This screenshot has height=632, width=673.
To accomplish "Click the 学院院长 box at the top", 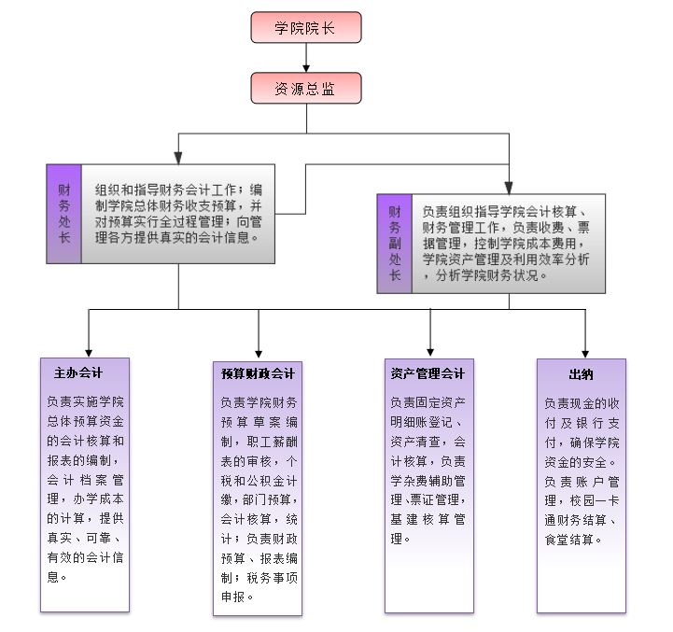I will coord(305,27).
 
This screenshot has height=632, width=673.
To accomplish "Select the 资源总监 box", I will coord(305,89).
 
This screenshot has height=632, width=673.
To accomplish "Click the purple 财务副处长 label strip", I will coord(395,243).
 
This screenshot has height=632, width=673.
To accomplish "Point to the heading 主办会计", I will coord(78,373).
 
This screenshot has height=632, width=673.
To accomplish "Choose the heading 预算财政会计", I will coord(258,374).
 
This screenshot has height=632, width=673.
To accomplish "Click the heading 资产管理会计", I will coord(428,373).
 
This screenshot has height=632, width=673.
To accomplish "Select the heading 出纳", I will coord(581,374).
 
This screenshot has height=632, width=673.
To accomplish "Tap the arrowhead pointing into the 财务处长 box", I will coord(178,158).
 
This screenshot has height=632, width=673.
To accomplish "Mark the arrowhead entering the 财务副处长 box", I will coord(509,186).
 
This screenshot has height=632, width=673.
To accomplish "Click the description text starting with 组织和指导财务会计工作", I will coord(177,212).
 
